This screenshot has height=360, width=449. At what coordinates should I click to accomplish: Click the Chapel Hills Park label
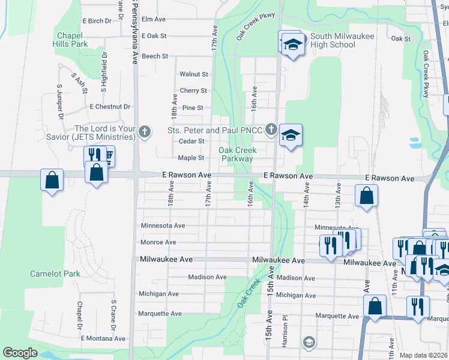click(72, 40)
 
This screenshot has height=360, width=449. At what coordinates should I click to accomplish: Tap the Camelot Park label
click(55, 274)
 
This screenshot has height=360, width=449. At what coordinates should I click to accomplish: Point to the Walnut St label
click(194, 74)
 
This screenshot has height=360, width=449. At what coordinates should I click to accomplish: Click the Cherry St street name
click(193, 91)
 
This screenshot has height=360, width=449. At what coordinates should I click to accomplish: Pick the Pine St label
click(193, 108)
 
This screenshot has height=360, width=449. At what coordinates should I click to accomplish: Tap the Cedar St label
click(192, 142)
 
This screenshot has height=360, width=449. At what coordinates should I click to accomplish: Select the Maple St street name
click(191, 158)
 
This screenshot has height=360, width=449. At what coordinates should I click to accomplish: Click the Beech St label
click(155, 56)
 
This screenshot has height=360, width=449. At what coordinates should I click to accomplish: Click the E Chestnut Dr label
click(110, 107)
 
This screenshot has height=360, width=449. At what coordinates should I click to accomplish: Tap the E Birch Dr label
click(96, 20)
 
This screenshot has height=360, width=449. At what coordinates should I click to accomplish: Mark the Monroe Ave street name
click(158, 242)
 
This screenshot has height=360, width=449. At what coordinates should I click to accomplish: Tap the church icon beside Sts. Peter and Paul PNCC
click(271, 129)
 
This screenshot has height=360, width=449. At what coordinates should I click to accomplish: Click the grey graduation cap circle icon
click(309, 343)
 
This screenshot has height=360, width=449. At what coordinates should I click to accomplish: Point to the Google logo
click(20, 353)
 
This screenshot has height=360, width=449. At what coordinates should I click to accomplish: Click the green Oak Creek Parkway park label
click(237, 154)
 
